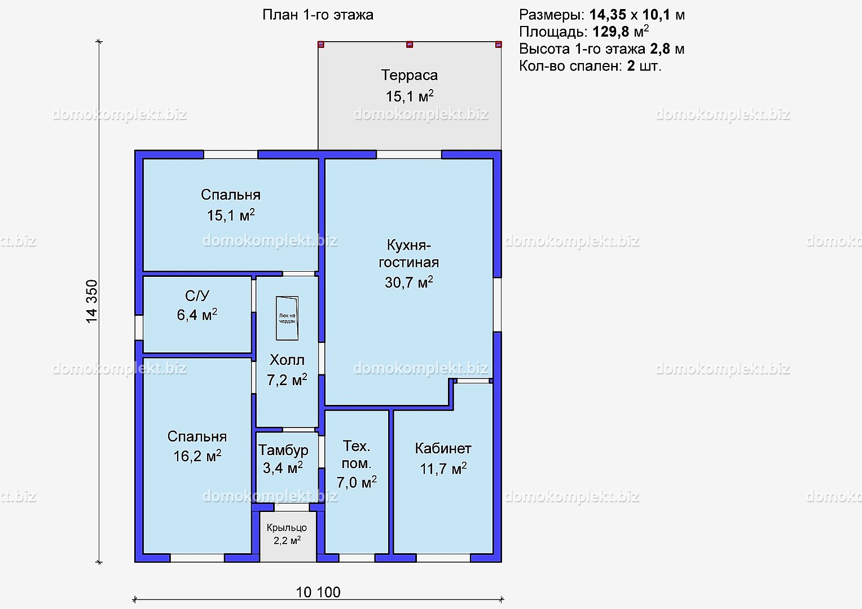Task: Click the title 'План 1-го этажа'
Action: coord(318,15)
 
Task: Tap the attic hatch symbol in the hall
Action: coord(287,318)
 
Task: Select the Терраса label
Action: coord(410,75)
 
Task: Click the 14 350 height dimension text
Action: coord(92,302)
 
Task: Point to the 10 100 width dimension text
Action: coord(318,592)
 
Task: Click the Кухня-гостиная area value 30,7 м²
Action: coord(408,282)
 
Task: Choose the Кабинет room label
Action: coord(443,449)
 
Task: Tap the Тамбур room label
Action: coord(283,450)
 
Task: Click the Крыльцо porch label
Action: coord(287,528)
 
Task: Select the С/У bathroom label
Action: coord(197,296)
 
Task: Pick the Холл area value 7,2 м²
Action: coord(287,380)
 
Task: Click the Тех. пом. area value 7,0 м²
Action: coord(357,482)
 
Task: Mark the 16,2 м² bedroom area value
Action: coord(197,456)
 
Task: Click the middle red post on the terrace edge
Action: coord(410,45)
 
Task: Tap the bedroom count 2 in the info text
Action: coord(631,66)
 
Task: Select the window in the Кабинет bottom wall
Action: coord(443,558)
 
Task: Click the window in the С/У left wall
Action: coord(139,328)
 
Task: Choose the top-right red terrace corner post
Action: coord(498,45)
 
